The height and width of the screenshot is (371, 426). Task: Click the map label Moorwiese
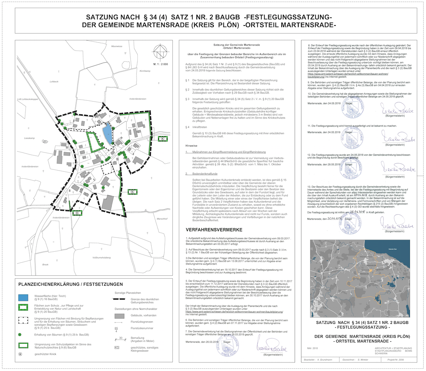pos(116,46)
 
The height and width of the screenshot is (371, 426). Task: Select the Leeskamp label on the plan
pos(29,138)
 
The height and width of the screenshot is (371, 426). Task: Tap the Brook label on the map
pos(45,264)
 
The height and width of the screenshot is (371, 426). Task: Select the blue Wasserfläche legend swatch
pos(24,298)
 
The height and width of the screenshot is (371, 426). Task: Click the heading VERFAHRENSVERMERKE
pos(214,230)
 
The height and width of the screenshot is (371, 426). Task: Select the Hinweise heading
pos(192,146)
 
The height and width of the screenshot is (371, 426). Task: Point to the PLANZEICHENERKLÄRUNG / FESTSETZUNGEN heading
pos(71,285)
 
